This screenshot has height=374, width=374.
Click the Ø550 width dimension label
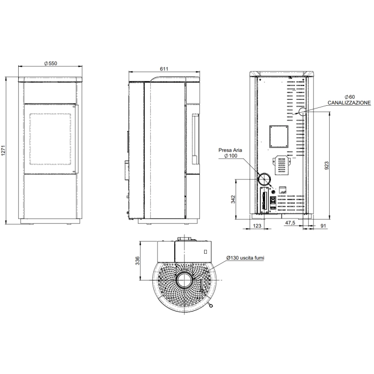click(50, 63)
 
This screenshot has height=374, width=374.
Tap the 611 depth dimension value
click(164, 69)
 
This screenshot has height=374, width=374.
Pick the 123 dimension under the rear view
click(257, 227)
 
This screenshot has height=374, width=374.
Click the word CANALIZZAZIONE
click(349, 102)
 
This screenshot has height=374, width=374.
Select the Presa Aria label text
click(230, 151)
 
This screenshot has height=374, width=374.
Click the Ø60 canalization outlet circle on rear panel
click(301, 112)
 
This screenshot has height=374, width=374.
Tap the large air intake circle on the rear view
click(264, 178)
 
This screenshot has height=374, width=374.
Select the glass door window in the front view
click(50, 138)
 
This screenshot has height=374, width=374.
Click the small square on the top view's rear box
click(205, 251)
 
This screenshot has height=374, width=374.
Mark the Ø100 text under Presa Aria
click(231, 157)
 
